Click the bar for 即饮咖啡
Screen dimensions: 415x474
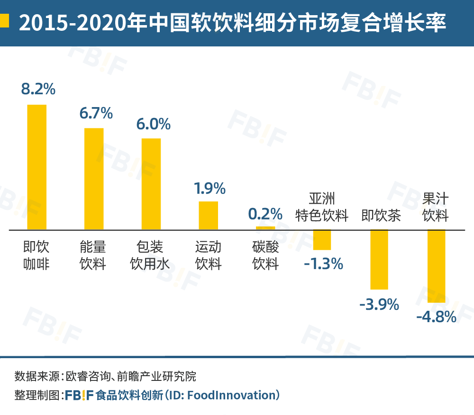36,167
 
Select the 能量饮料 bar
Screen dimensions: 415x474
94,179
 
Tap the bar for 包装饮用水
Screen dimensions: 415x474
151,184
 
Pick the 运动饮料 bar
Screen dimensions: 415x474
208,216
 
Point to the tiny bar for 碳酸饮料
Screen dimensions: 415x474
265,228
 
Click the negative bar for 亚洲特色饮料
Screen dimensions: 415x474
322,240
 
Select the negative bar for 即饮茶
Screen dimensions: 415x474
379,259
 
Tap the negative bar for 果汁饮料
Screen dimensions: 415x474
436,266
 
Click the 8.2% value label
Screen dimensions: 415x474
38,89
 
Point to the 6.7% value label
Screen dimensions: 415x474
96,113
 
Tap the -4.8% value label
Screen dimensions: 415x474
436,316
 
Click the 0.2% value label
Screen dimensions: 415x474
265,214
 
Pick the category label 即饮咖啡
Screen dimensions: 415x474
36,255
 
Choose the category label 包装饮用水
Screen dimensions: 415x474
150,255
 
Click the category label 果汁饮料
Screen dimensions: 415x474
435,207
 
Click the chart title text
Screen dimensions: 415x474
232,22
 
